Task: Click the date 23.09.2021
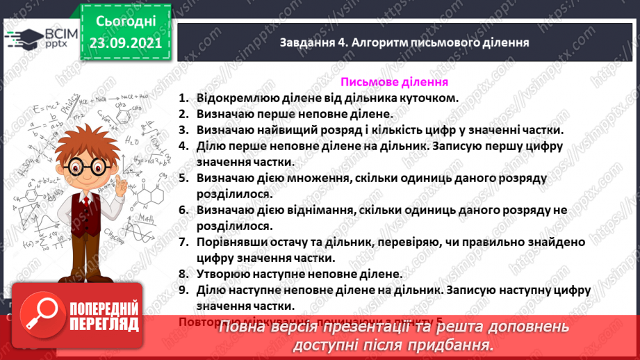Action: [126, 43]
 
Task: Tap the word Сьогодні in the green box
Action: [126, 21]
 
